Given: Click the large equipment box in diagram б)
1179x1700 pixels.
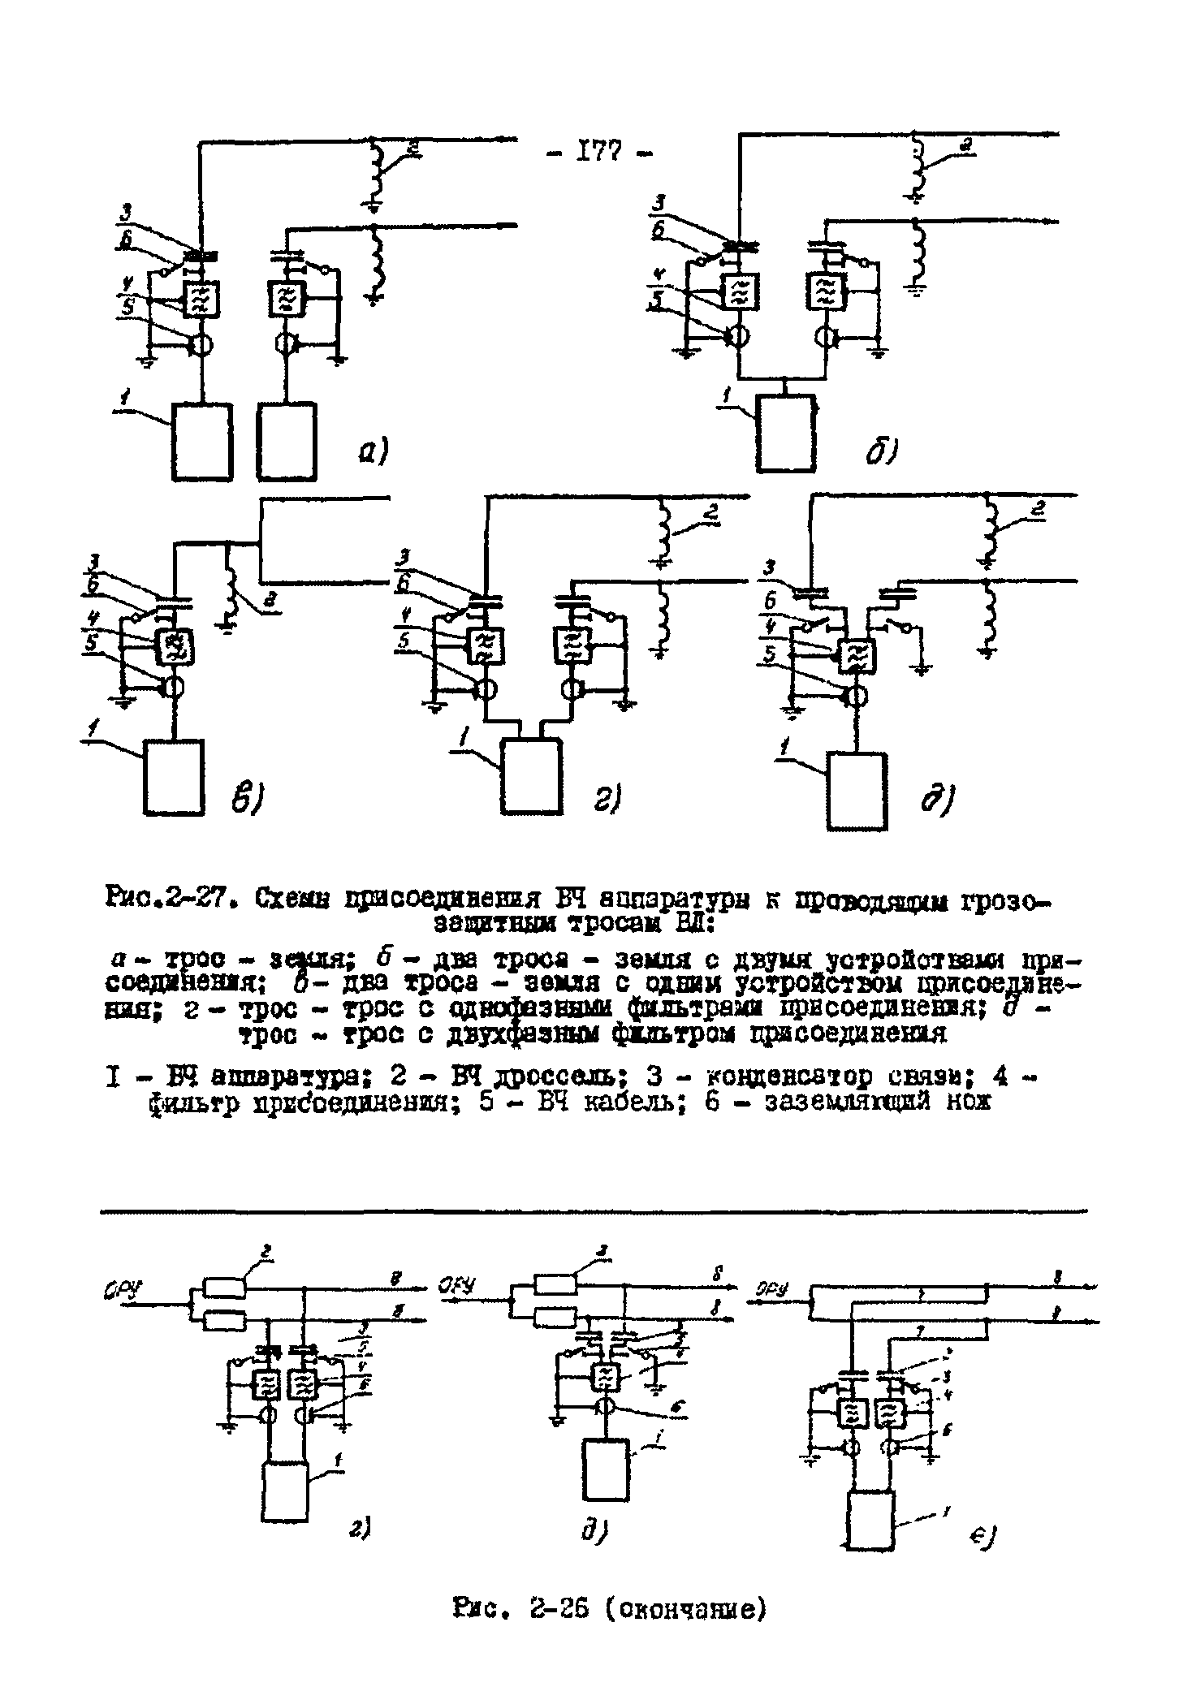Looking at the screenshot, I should coord(785,433).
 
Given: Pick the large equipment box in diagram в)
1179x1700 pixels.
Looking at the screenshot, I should coord(174,775).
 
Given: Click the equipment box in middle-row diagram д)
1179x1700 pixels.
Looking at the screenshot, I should coord(856,791).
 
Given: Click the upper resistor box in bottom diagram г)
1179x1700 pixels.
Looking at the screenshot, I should coord(224,1287).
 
